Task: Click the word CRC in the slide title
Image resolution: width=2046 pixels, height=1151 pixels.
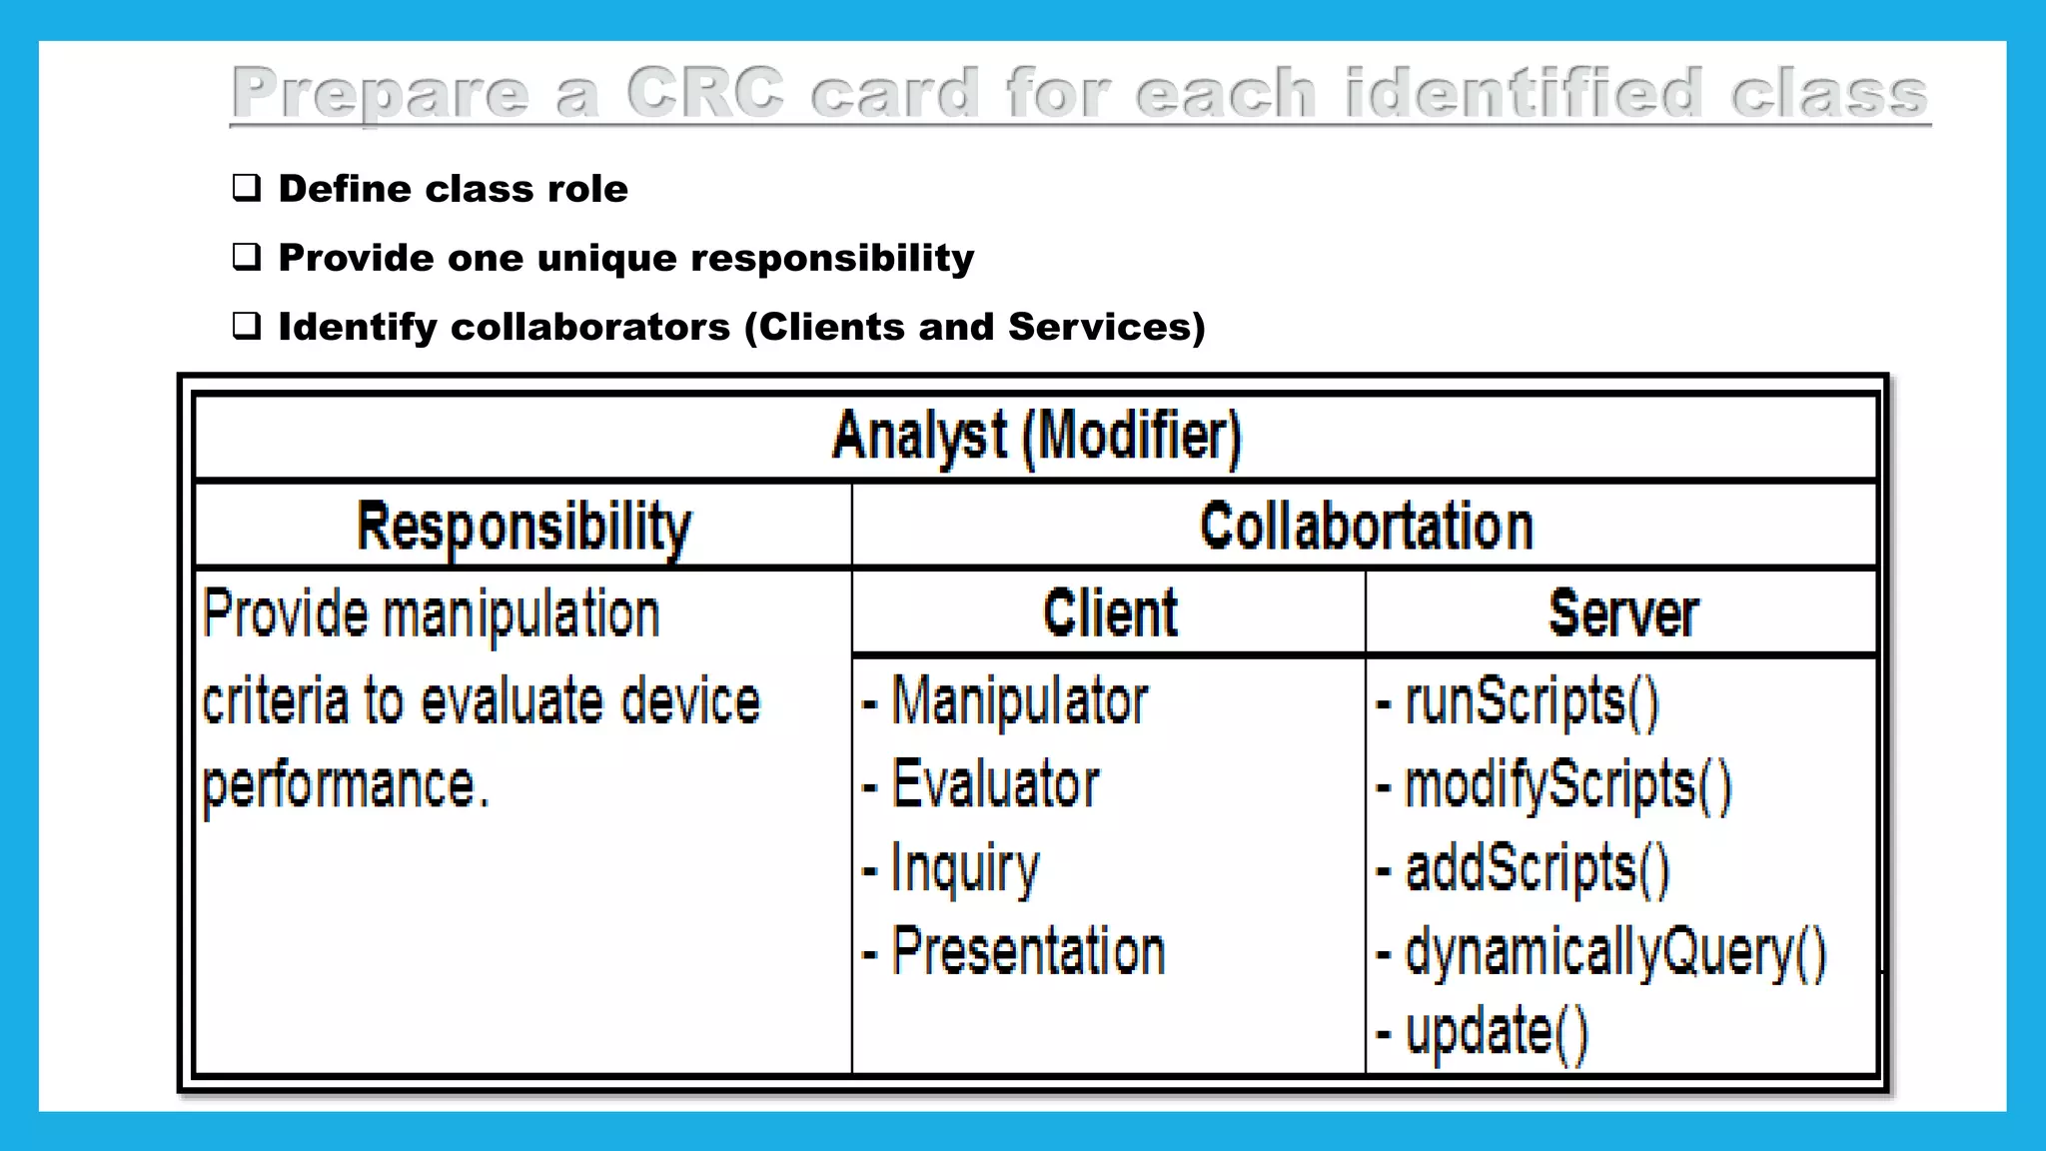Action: (704, 92)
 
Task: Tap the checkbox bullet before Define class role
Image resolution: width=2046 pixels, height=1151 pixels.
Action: (247, 188)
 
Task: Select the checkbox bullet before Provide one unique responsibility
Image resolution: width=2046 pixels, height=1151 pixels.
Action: (247, 257)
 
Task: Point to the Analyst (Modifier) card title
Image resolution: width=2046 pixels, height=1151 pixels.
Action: (1036, 437)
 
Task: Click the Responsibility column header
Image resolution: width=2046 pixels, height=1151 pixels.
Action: (523, 527)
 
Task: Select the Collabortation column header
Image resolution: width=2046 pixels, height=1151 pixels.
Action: (1366, 527)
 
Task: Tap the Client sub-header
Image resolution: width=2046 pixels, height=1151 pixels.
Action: (1110, 612)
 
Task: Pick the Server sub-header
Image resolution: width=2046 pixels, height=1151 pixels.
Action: (1622, 612)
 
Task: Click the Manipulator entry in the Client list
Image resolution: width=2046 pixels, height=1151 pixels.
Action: (1019, 700)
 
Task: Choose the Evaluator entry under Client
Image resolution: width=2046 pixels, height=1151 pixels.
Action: (995, 783)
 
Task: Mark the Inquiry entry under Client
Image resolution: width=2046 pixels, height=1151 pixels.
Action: (965, 868)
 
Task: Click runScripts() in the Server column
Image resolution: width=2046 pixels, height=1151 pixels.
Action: (1532, 700)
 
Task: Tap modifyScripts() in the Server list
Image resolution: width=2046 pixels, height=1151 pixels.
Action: (1567, 784)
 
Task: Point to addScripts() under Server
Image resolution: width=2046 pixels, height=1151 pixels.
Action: (1536, 867)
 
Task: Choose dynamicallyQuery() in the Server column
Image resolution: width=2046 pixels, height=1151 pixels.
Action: (1615, 951)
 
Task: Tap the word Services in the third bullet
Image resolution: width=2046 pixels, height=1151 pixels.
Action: (1097, 327)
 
